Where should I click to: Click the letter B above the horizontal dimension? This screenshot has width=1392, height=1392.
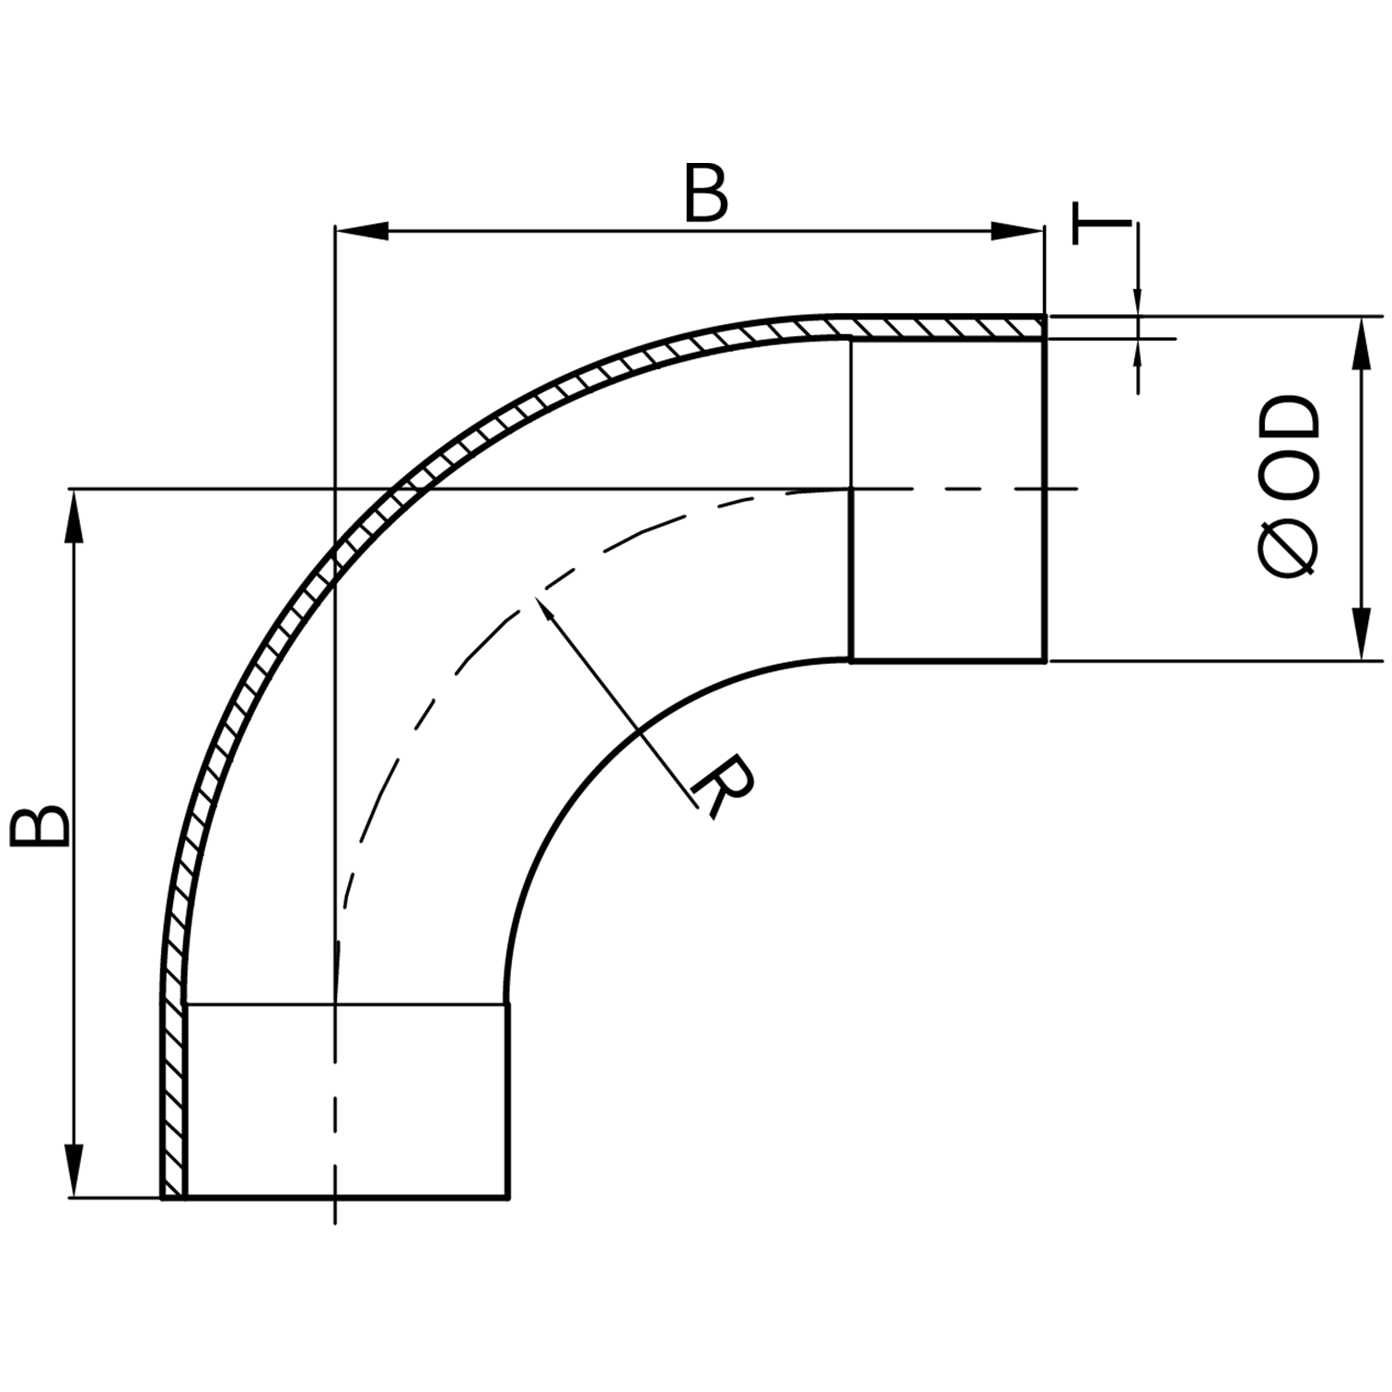coord(706,194)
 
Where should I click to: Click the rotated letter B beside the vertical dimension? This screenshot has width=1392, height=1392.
coord(40,826)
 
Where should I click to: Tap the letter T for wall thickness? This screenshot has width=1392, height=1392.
coord(1101,224)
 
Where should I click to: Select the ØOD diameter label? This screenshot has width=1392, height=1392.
coord(1288,487)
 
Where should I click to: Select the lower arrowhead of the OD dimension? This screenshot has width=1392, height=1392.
coord(1359,633)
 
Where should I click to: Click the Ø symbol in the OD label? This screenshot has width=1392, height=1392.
coord(1288,548)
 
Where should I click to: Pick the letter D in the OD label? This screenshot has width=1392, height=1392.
coord(1288,420)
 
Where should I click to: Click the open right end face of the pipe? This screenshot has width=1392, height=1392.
coord(1045,497)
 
